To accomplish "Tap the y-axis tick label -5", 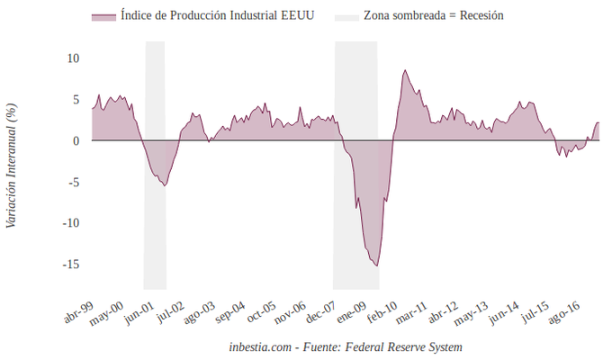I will click(x=74, y=182).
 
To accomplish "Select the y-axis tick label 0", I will click(x=76, y=141).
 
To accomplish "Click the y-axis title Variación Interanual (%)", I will click(x=12, y=165).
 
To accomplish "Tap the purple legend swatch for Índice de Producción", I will click(x=103, y=17).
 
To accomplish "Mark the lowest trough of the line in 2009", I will click(x=376, y=265).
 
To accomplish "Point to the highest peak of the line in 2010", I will click(x=405, y=70).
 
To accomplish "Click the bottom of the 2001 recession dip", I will click(x=164, y=185).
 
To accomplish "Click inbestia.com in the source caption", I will click(x=261, y=346).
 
